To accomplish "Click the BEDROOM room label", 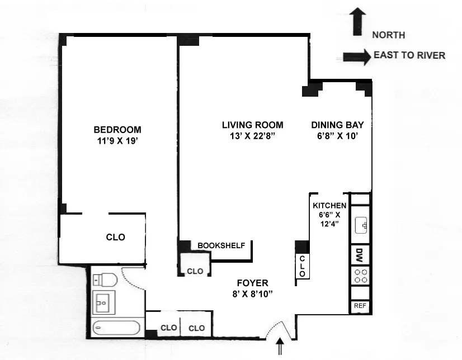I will tap(117, 129).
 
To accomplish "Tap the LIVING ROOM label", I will tap(252, 125).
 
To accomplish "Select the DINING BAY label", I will tap(333, 125).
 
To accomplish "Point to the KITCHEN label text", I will tap(329, 206).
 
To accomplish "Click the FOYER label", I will tap(252, 283).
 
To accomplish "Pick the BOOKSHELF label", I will tap(221, 245).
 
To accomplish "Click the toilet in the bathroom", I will tap(103, 279).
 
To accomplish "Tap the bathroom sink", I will tap(103, 302).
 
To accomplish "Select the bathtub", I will tap(117, 328).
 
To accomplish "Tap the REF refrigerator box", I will tap(360, 306).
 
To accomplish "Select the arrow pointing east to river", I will tap(356, 55).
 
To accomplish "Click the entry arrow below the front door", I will tap(281, 348).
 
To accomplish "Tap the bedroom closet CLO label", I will tap(116, 237).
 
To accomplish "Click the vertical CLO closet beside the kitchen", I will tap(302, 267).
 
